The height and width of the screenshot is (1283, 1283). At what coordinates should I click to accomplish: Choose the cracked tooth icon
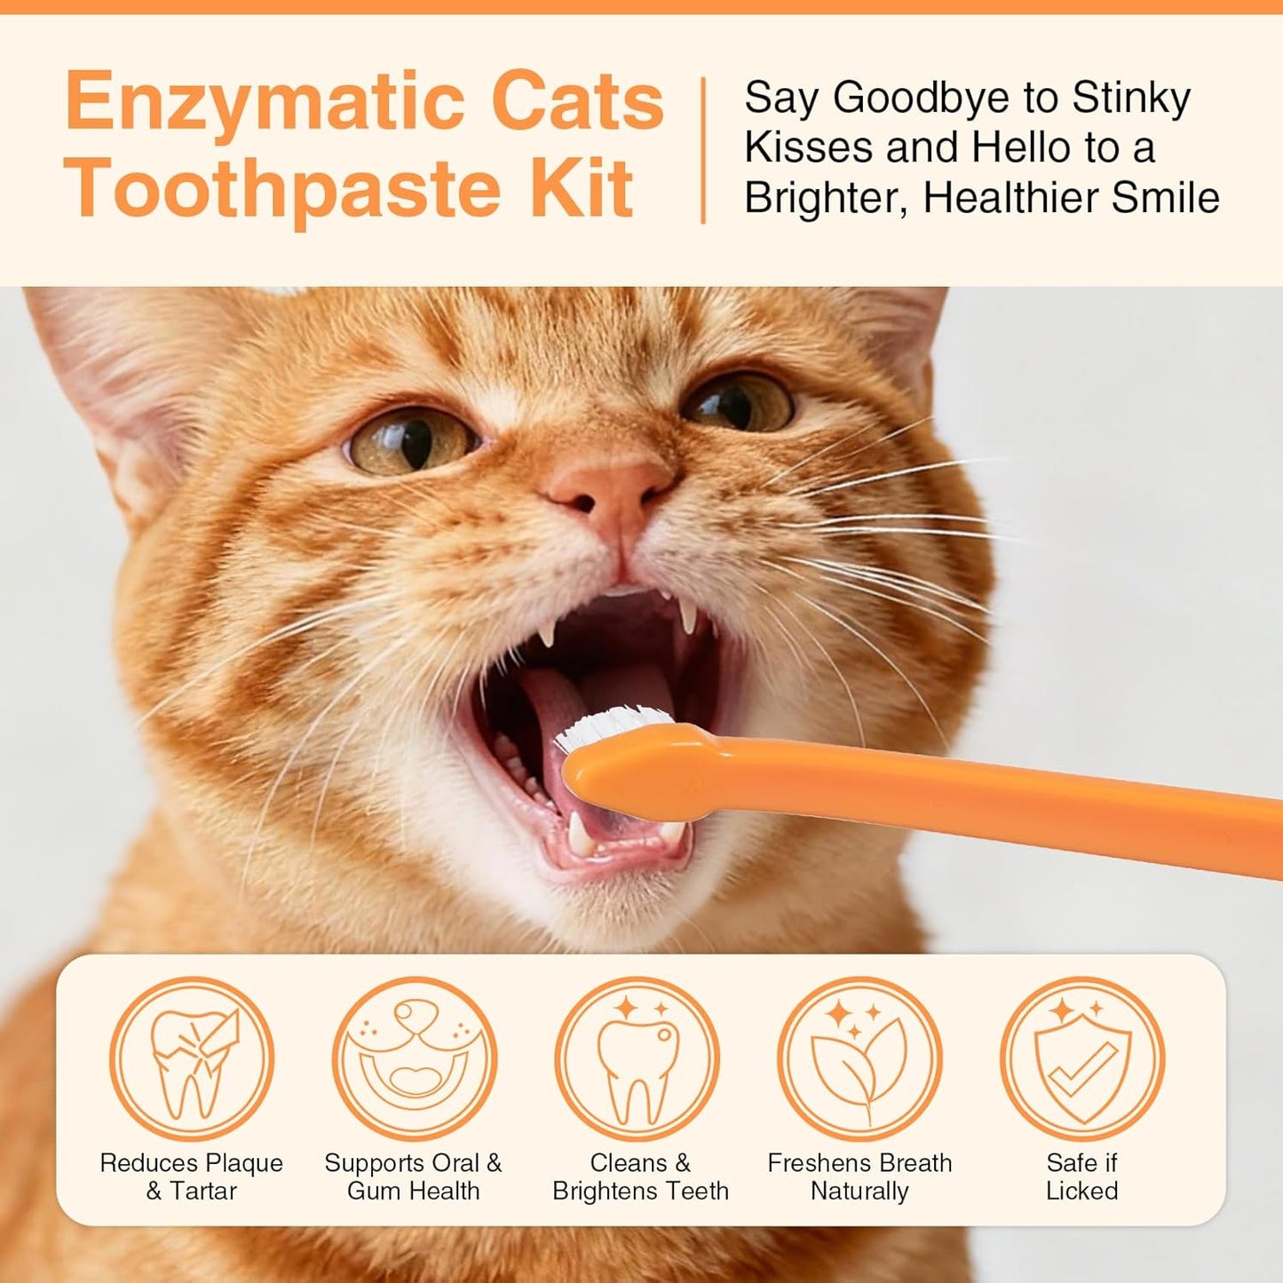pyautogui.click(x=191, y=1058)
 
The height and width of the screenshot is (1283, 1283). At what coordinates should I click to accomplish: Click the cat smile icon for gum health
pyautogui.click(x=414, y=1058)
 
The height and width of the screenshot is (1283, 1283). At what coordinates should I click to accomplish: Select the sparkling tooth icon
pyautogui.click(x=637, y=1058)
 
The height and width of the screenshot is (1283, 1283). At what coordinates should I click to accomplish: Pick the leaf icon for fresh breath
pyautogui.click(x=859, y=1058)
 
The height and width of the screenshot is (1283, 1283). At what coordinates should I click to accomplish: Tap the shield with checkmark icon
pyautogui.click(x=1081, y=1058)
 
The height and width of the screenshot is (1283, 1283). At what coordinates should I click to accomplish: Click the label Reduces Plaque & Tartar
pyautogui.click(x=191, y=1176)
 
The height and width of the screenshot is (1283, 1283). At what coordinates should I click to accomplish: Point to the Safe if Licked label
pyautogui.click(x=1081, y=1176)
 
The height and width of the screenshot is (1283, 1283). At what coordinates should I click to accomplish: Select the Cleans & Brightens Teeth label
pyautogui.click(x=640, y=1176)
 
